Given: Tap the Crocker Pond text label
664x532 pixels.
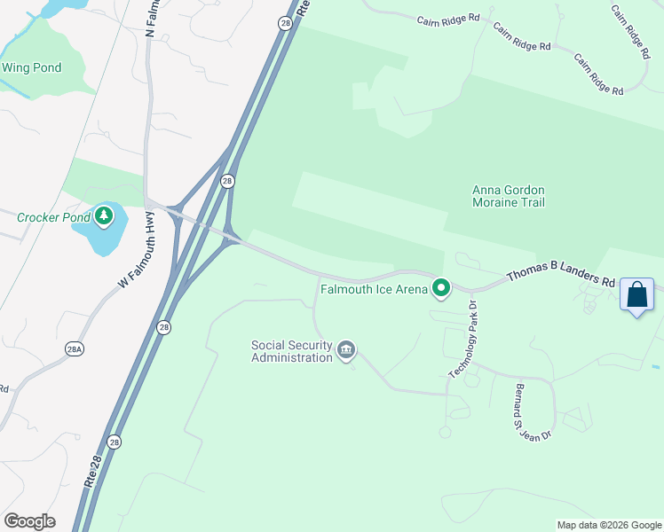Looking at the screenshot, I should click(54, 216).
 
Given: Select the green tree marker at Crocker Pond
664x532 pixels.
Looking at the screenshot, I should click(104, 215).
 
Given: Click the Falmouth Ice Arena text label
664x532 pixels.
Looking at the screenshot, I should click(374, 288).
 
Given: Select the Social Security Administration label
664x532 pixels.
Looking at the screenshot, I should click(291, 351).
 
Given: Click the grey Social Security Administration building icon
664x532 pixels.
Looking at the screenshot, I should click(346, 352).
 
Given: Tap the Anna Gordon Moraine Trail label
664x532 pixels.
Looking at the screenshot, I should click(509, 196).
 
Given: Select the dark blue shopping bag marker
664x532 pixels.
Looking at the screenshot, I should click(637, 294).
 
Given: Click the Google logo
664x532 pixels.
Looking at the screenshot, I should click(29, 521).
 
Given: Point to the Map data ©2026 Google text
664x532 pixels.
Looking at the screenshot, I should click(608, 525).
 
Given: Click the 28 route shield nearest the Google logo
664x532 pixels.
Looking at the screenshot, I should click(114, 442).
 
